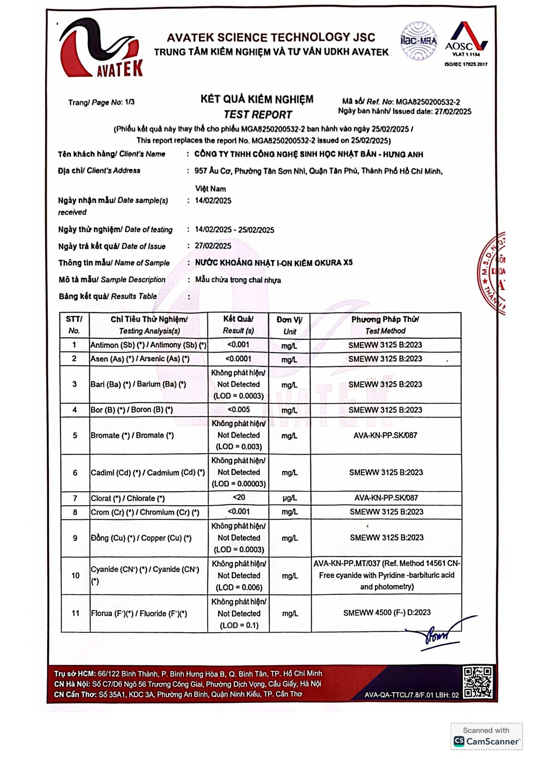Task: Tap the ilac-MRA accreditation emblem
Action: point(419,41)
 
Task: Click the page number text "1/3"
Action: point(130,102)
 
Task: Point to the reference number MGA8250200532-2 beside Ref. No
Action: point(428,102)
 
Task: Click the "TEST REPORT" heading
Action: point(258,115)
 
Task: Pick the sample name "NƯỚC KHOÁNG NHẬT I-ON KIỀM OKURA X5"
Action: point(274,263)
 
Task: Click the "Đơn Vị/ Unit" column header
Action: point(289,325)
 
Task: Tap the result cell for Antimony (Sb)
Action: point(238,345)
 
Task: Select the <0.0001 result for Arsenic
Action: point(238,359)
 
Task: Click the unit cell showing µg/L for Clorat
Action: point(290,498)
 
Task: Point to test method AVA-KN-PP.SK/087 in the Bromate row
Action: point(385,435)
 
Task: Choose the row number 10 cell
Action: point(75,576)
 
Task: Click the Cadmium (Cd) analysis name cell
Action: point(148,473)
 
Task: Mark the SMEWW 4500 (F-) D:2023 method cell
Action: point(386,613)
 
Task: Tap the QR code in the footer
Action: point(477,682)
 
